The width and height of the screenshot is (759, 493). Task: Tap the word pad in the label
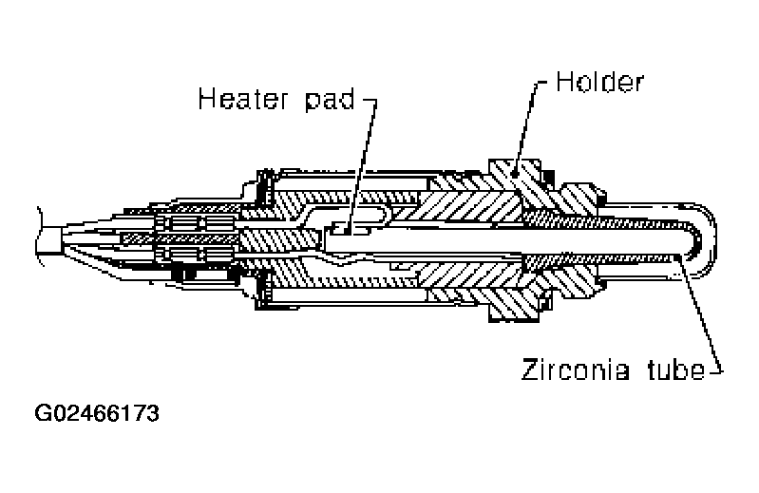tap(325, 100)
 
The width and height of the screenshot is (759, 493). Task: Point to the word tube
tap(671, 370)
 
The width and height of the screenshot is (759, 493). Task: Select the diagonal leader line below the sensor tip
tap(697, 313)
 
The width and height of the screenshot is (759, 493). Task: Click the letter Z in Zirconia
tap(527, 370)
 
